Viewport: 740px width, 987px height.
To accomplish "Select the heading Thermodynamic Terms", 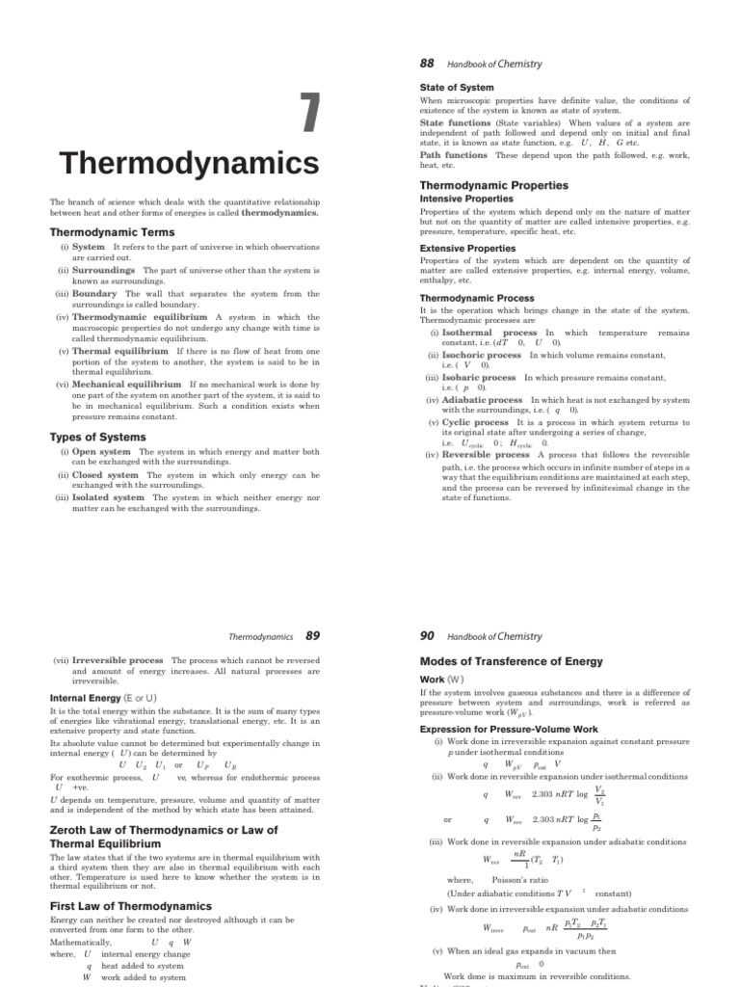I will [x=112, y=232].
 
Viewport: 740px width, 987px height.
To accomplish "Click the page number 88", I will [x=427, y=64].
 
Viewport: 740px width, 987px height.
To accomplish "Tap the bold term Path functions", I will [x=454, y=155].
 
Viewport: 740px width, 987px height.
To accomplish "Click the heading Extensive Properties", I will [x=467, y=249].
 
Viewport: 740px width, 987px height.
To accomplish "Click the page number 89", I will [x=312, y=636].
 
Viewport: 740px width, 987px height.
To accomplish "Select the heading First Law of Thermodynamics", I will [x=130, y=906].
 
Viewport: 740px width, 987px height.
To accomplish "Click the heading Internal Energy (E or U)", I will [x=103, y=697].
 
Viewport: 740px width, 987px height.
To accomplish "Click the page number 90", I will [x=428, y=636].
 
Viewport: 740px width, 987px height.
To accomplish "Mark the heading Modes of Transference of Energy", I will [x=512, y=661].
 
